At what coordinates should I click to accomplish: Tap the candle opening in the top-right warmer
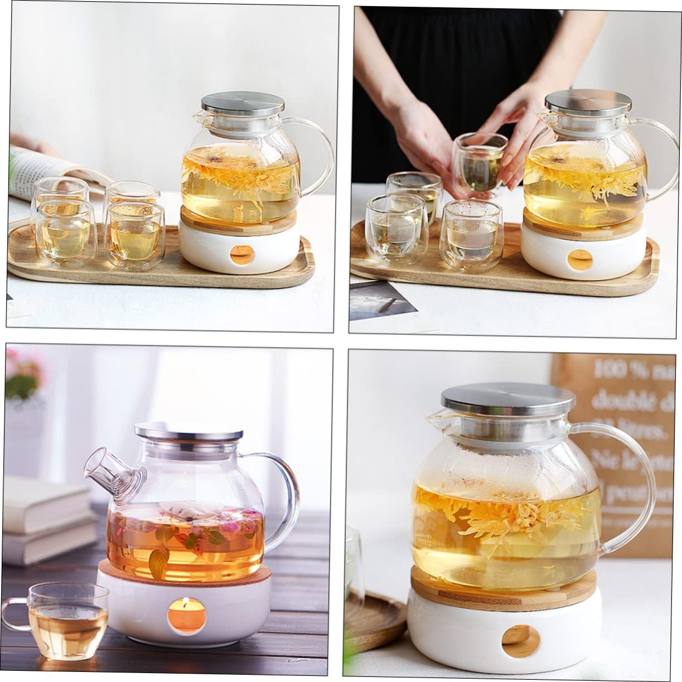(x=579, y=260)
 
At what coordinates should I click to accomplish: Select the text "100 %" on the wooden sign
(x=613, y=369)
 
